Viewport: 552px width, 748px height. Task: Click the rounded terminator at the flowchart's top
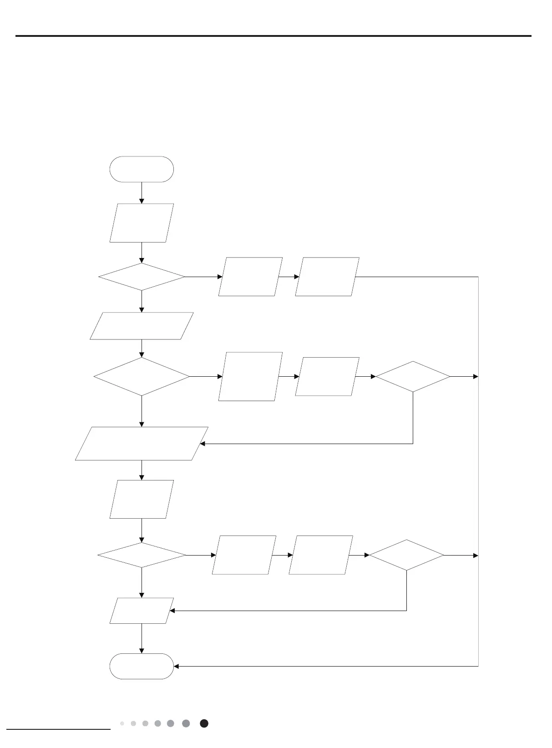click(x=142, y=169)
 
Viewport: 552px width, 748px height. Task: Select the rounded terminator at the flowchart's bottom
click(x=142, y=666)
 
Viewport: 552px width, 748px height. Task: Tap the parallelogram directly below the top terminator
click(x=142, y=223)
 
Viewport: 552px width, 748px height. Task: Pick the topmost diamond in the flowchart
click(x=142, y=277)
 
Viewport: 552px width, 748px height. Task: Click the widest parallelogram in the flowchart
click(x=142, y=444)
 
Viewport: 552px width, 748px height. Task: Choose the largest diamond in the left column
click(x=142, y=376)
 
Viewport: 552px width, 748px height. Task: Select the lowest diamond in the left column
click(x=142, y=555)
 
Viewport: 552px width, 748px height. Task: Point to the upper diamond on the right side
click(x=413, y=377)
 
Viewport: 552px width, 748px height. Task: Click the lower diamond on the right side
click(x=406, y=555)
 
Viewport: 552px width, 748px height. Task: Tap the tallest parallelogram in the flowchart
click(x=250, y=376)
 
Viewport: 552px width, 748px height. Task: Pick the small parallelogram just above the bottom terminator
click(x=142, y=611)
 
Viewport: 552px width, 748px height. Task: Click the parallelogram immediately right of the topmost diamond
click(x=250, y=277)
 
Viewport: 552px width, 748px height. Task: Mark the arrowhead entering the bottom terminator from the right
click(x=177, y=666)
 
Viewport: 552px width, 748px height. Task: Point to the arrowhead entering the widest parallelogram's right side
click(x=203, y=444)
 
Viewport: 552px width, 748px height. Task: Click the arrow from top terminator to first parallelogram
click(x=142, y=193)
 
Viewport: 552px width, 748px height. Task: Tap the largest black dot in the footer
click(x=204, y=723)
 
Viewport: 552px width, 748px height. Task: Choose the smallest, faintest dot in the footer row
click(x=122, y=723)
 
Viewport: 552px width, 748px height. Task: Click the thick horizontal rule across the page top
click(x=273, y=35)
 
